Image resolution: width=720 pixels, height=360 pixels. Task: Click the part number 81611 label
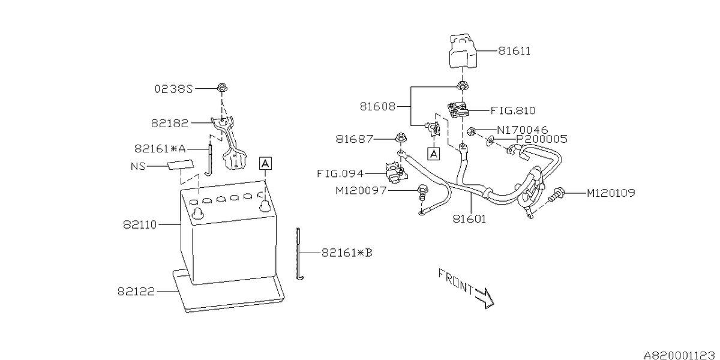pyautogui.click(x=514, y=52)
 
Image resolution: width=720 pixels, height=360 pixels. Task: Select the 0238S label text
pyautogui.click(x=173, y=89)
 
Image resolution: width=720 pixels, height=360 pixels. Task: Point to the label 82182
pyautogui.click(x=170, y=123)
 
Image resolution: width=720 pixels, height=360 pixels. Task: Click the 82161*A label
pyautogui.click(x=160, y=148)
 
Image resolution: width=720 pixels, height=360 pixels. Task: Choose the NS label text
pyautogui.click(x=139, y=166)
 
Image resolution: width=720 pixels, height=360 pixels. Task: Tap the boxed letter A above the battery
pyautogui.click(x=265, y=163)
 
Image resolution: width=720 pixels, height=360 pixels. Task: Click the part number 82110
pyautogui.click(x=140, y=225)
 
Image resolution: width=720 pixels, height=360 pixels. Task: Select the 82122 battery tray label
pyautogui.click(x=136, y=292)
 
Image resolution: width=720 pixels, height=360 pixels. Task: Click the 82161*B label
pyautogui.click(x=347, y=253)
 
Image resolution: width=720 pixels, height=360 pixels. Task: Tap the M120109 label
pyautogui.click(x=610, y=193)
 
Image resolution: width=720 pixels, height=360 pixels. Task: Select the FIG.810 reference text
pyautogui.click(x=512, y=110)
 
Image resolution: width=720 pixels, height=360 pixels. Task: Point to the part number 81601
pyautogui.click(x=470, y=220)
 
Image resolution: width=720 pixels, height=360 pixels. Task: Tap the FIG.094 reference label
pyautogui.click(x=340, y=174)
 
